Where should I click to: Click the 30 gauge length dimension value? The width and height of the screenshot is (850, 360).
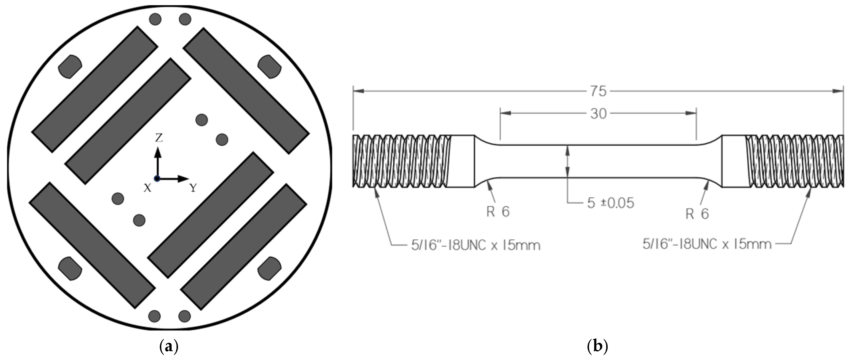(598, 114)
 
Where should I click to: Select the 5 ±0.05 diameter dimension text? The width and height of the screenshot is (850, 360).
(610, 203)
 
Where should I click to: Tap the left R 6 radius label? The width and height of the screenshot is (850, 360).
(498, 211)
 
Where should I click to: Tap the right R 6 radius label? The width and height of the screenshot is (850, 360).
(697, 214)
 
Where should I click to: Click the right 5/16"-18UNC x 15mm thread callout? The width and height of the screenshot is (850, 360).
(707, 244)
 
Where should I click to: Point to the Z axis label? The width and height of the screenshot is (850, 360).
(159, 138)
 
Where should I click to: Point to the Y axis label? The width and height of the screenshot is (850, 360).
(193, 188)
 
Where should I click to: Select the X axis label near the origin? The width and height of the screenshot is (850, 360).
(147, 188)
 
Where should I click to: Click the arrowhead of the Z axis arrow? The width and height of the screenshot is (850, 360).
(158, 152)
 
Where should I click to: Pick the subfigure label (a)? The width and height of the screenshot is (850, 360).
(169, 347)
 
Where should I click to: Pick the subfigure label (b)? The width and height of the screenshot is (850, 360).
(598, 347)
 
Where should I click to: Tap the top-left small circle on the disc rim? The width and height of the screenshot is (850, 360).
(155, 19)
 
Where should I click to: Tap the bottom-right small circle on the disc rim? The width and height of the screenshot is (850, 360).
(184, 316)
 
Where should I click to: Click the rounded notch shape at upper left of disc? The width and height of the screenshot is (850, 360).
(70, 66)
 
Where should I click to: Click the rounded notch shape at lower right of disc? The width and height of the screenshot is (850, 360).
(269, 268)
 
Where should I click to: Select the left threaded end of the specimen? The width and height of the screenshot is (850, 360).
(401, 161)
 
